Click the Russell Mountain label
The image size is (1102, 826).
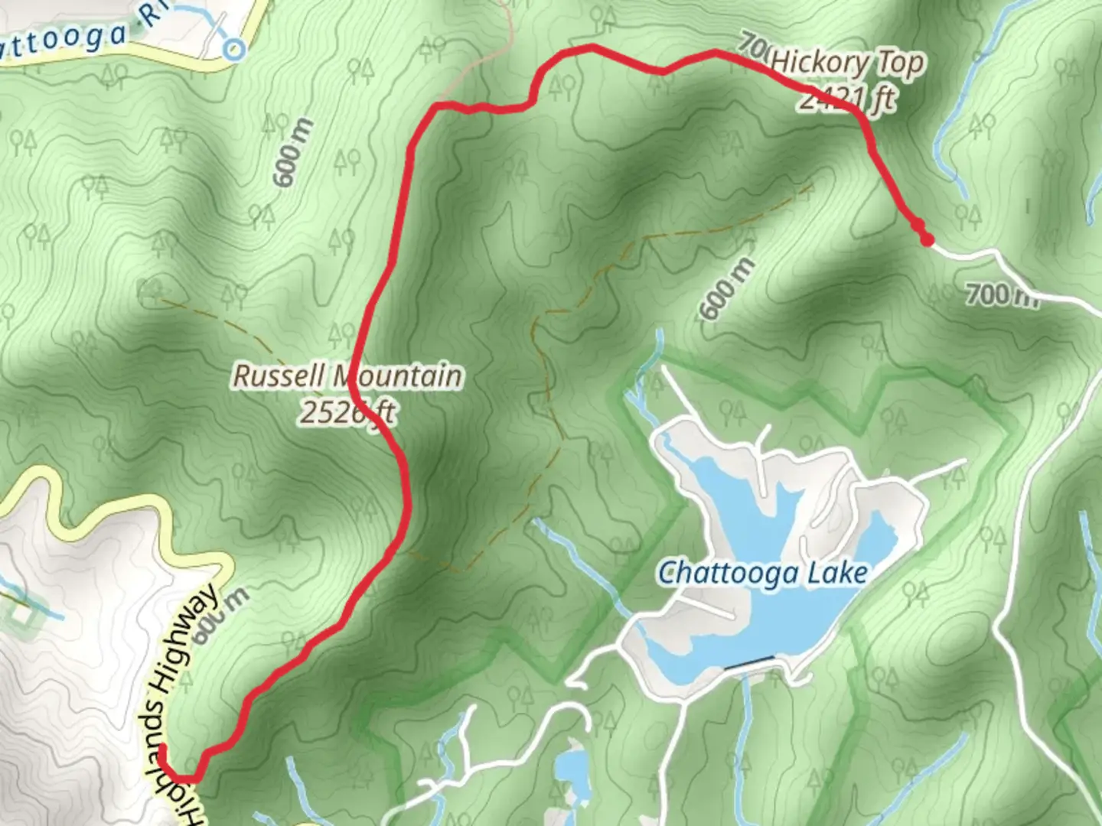pos(347,376)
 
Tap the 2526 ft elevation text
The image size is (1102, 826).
pos(347,412)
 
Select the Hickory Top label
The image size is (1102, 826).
pos(847,63)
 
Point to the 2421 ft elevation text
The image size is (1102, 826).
pos(847,99)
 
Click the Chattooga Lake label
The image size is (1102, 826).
pos(763,573)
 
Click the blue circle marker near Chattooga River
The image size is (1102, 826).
pos(234,50)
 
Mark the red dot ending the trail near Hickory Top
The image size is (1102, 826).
pos(928,240)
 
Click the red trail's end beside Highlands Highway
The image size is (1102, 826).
pos(162,747)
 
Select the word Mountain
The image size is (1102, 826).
pos(399,376)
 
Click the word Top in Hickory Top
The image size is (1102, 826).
pos(901,64)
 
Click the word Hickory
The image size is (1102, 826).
pos(820,63)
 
